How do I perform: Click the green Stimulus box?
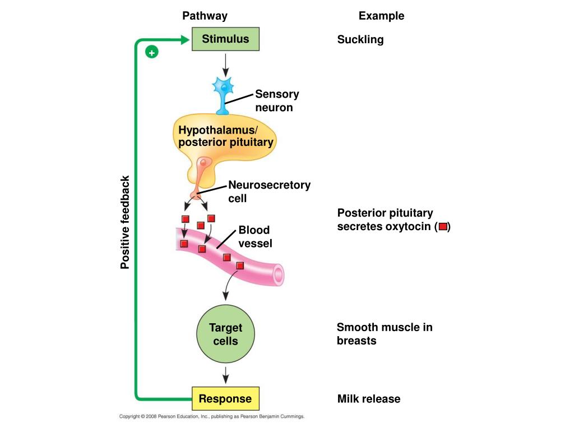pyautogui.click(x=225, y=39)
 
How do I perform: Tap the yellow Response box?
pyautogui.click(x=225, y=398)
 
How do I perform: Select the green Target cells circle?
pyautogui.click(x=225, y=334)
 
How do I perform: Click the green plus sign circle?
pyautogui.click(x=151, y=52)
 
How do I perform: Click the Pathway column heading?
pyautogui.click(x=205, y=16)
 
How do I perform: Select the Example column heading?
pyautogui.click(x=381, y=16)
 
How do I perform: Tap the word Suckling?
pyautogui.click(x=360, y=40)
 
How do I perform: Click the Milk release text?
pyautogui.click(x=369, y=399)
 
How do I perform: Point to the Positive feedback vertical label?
pyautogui.click(x=125, y=222)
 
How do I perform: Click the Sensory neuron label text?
pyautogui.click(x=277, y=100)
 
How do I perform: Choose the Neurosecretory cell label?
pyautogui.click(x=270, y=191)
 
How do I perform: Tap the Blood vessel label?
pyautogui.click(x=255, y=236)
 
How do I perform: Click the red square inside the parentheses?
pyautogui.click(x=443, y=227)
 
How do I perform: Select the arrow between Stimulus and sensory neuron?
pyautogui.click(x=225, y=65)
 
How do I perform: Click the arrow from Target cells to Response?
pyautogui.click(x=225, y=375)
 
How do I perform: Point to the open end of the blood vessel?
pyautogui.click(x=279, y=274)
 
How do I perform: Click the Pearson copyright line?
pyautogui.click(x=211, y=416)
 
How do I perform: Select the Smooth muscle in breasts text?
pyautogui.click(x=385, y=334)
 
